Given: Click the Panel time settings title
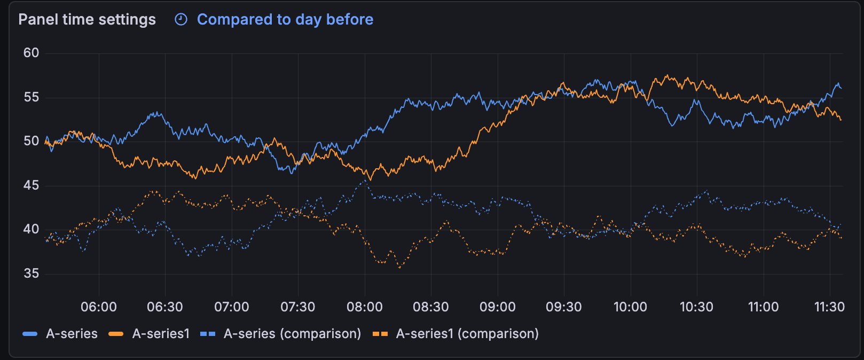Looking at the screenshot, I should (87, 20).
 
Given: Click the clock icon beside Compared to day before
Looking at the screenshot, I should (182, 20).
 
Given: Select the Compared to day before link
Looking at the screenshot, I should (285, 20).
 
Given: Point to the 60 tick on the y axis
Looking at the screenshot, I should (31, 53).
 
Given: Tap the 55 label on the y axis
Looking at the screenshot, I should (31, 97).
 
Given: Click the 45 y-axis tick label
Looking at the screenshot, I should (31, 185).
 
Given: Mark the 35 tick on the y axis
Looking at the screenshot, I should (31, 273).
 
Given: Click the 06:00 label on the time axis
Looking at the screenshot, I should (99, 307).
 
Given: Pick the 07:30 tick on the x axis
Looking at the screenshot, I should (298, 307).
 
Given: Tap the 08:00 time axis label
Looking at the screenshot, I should (365, 307).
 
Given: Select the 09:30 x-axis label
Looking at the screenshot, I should (564, 307).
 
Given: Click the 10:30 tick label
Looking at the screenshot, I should (696, 307).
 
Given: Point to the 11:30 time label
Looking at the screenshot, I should (829, 307).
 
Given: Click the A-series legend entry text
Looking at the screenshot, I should (72, 334).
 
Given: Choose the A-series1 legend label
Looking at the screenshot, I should (161, 334).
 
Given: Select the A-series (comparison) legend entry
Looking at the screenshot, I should (292, 334).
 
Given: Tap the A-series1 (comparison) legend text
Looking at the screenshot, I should (467, 334).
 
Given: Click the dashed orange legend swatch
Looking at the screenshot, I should (380, 334).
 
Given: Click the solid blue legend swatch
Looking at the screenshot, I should (30, 334).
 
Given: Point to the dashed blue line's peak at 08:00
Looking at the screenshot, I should (365, 182).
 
